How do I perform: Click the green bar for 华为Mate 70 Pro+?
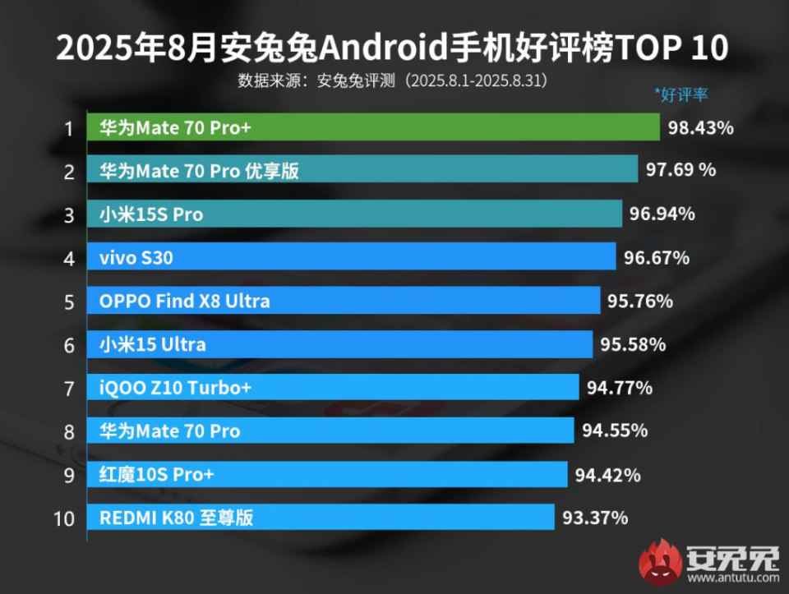374,127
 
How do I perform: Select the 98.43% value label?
701,128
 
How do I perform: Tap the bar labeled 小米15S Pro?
354,214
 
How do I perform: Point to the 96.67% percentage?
656,258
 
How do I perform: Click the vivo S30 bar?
352,258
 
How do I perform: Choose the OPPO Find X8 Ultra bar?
344,301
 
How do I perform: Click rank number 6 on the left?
69,345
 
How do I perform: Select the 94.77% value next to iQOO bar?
619,388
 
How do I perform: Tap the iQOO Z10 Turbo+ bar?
334,388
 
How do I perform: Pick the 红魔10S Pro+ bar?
327,474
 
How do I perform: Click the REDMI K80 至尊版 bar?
321,518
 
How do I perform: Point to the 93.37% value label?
595,518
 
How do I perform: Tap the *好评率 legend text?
681,94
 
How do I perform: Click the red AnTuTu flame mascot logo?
662,562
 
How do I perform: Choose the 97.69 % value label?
681,171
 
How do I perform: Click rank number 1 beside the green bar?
69,128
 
